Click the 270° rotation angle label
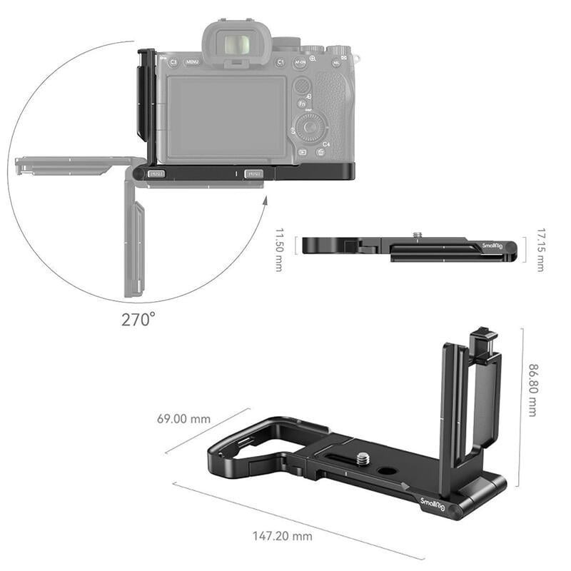pos(138,319)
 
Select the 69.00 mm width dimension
pos(184,418)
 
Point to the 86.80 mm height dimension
pos(532,388)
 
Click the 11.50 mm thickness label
pos(279,250)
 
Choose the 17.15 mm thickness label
pos(540,249)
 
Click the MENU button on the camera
pos(193,62)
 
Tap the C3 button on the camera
pos(173,62)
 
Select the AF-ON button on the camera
pos(300,62)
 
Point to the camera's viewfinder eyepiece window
pos(236,45)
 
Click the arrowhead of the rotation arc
pos(264,202)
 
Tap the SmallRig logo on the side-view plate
pos(492,246)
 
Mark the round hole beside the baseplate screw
pos(387,472)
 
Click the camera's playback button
pos(303,152)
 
